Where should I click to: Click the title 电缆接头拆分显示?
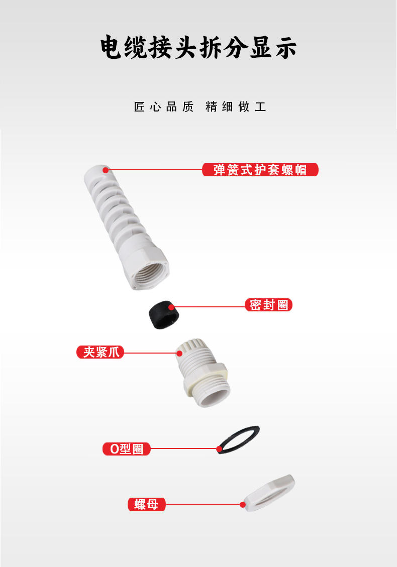[x=198, y=47]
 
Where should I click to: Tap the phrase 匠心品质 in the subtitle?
[x=164, y=106]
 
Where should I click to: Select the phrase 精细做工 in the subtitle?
[x=236, y=106]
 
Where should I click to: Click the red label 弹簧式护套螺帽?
[x=260, y=170]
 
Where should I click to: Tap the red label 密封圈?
[x=268, y=305]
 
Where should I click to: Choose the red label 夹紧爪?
[x=100, y=352]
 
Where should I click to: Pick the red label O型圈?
[x=126, y=449]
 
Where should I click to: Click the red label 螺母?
[x=147, y=504]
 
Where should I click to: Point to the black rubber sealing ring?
[x=164, y=315]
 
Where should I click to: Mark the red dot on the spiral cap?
[x=106, y=170]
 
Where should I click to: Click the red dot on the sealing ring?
[x=171, y=307]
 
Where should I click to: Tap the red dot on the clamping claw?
[x=179, y=353]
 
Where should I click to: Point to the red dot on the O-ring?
[x=219, y=449]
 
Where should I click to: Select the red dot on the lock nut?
[x=243, y=504]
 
